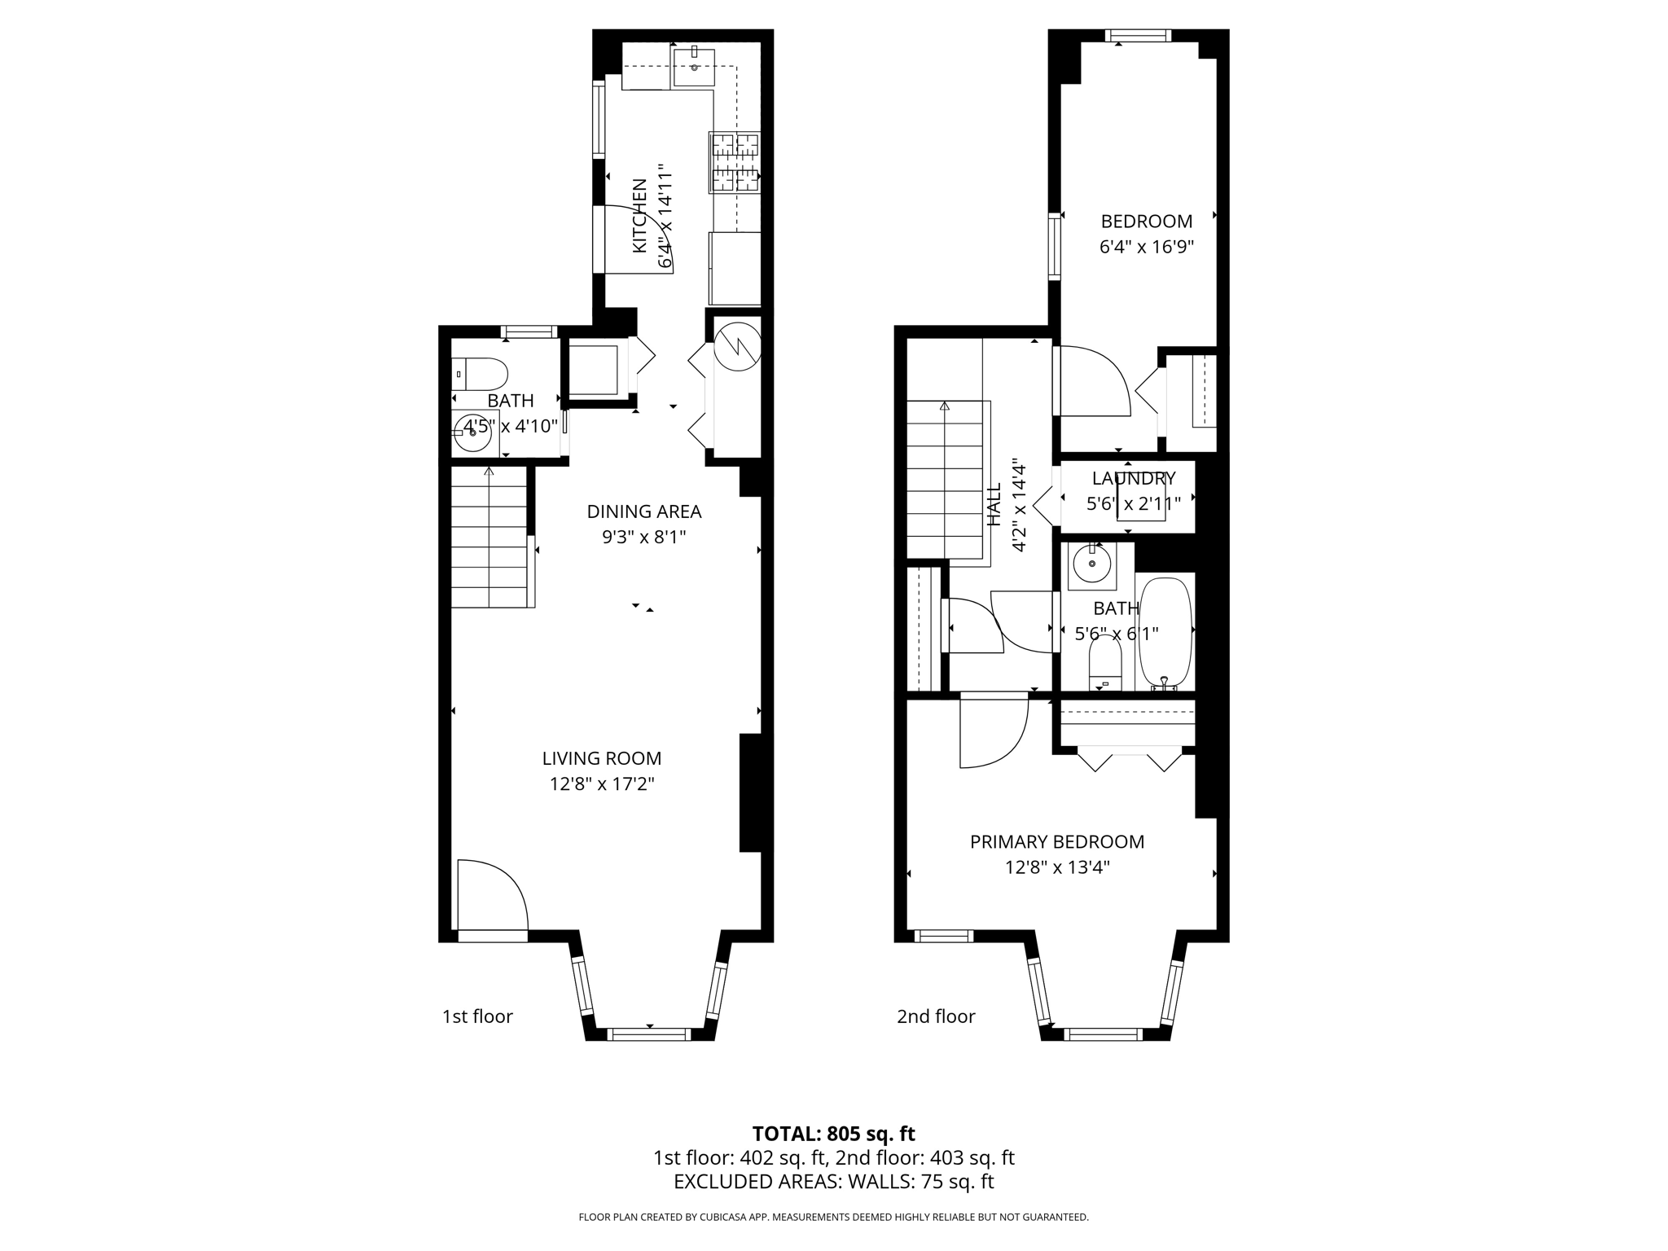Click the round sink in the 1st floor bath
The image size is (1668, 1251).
click(x=473, y=432)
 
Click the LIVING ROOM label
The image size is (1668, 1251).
click(x=602, y=758)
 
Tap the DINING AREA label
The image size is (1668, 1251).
click(x=644, y=511)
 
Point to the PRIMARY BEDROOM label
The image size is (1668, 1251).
click(x=1057, y=841)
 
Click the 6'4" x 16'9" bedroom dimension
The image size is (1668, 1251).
click(x=1147, y=247)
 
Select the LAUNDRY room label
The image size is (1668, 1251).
click(x=1134, y=478)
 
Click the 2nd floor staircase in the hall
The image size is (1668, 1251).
click(x=945, y=481)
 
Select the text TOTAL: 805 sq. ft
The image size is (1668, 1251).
click(x=833, y=1134)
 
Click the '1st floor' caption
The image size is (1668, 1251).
click(x=477, y=1016)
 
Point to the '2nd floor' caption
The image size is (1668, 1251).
click(x=936, y=1016)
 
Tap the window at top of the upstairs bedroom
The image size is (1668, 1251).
click(x=1138, y=35)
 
